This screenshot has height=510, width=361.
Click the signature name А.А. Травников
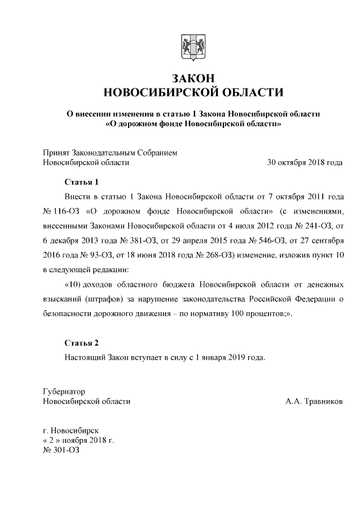click(314, 402)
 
